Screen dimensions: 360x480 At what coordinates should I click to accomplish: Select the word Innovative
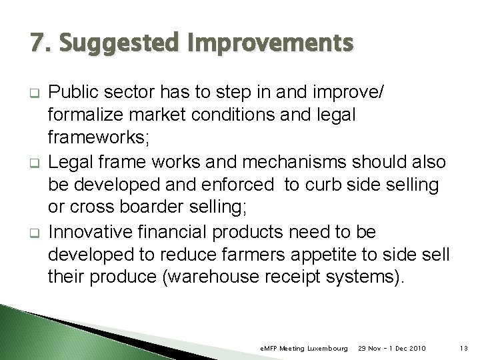click(x=97, y=232)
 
